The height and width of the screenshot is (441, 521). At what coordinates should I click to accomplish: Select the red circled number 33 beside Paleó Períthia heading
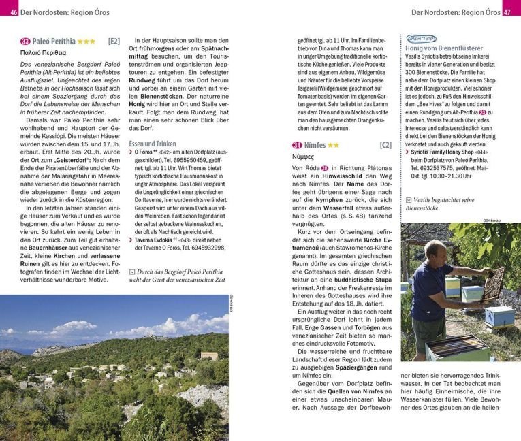pyautogui.click(x=25, y=42)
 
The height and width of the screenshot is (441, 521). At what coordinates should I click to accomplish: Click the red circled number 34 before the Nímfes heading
pyautogui.click(x=297, y=145)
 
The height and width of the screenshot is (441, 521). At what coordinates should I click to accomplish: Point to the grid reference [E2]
pyautogui.click(x=114, y=42)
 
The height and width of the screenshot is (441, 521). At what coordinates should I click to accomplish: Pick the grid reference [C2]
pyautogui.click(x=385, y=145)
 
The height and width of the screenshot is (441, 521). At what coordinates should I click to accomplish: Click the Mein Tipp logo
pyautogui.click(x=422, y=39)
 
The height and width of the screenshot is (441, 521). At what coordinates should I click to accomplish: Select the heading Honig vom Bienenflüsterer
pyautogui.click(x=454, y=49)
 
